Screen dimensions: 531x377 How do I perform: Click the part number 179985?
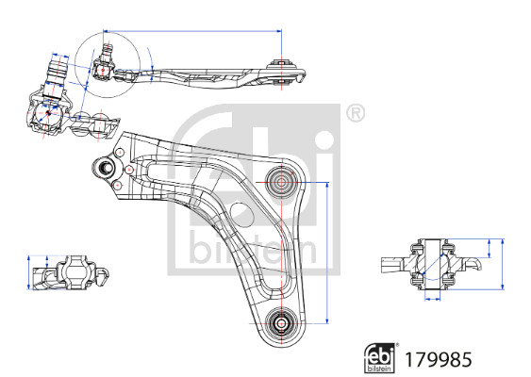(438, 360)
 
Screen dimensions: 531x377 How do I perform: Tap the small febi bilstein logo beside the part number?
(380, 358)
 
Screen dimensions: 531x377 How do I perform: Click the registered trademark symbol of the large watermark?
(356, 113)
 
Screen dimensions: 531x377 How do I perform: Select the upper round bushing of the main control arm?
(281, 183)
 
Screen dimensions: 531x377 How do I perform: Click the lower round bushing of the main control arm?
(281, 323)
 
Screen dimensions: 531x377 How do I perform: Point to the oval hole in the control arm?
(242, 214)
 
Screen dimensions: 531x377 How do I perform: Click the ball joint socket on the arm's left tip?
(106, 167)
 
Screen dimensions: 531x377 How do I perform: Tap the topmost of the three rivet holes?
(120, 153)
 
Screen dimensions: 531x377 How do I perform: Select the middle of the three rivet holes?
(130, 170)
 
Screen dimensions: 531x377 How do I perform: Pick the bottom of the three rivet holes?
(117, 186)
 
